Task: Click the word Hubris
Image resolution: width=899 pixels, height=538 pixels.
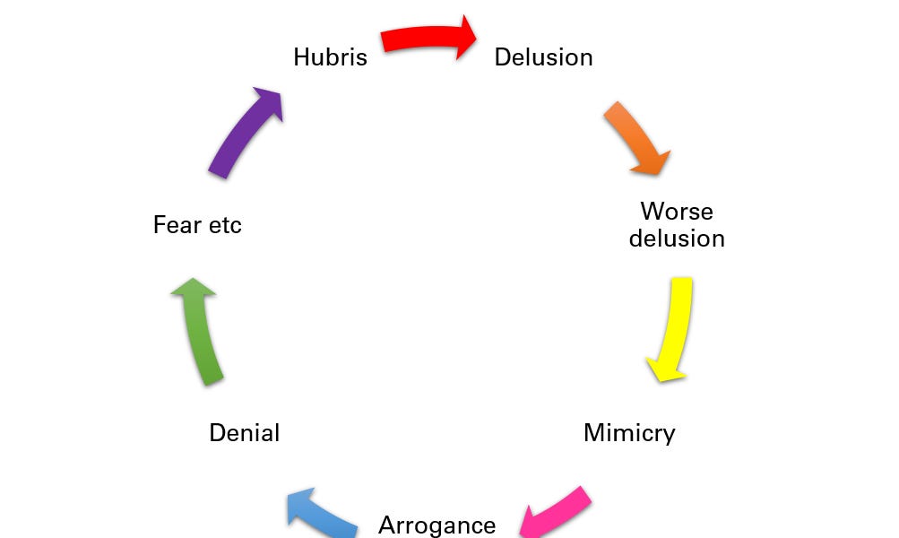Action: pyautogui.click(x=330, y=57)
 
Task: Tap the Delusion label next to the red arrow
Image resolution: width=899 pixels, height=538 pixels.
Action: pyautogui.click(x=543, y=57)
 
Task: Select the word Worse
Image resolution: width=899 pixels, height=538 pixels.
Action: pyautogui.click(x=677, y=212)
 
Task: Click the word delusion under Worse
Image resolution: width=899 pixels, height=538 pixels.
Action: pyautogui.click(x=677, y=239)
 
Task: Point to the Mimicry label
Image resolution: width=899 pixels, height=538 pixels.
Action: pyautogui.click(x=629, y=433)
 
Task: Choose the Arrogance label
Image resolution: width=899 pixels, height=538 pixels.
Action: pyautogui.click(x=437, y=525)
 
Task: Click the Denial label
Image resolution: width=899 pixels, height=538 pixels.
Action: pyautogui.click(x=244, y=433)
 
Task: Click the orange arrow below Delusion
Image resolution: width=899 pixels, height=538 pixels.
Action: pyautogui.click(x=635, y=137)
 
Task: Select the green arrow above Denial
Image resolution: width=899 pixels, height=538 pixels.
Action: pyautogui.click(x=202, y=332)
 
